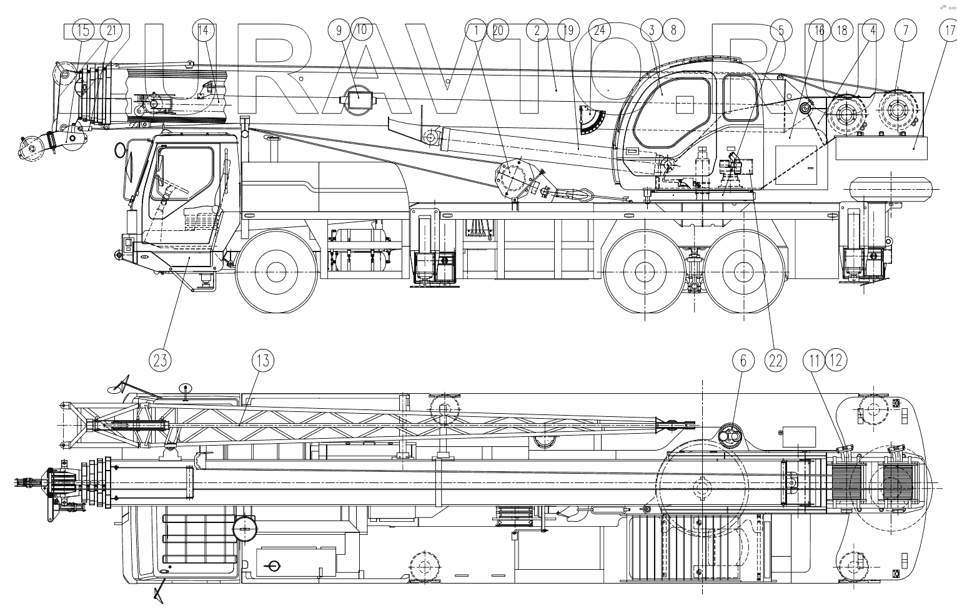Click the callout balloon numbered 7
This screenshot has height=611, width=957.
click(905, 29)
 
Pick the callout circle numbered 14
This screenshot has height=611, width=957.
click(203, 29)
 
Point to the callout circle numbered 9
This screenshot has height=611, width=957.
click(339, 29)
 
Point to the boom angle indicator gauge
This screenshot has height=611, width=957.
click(592, 122)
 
